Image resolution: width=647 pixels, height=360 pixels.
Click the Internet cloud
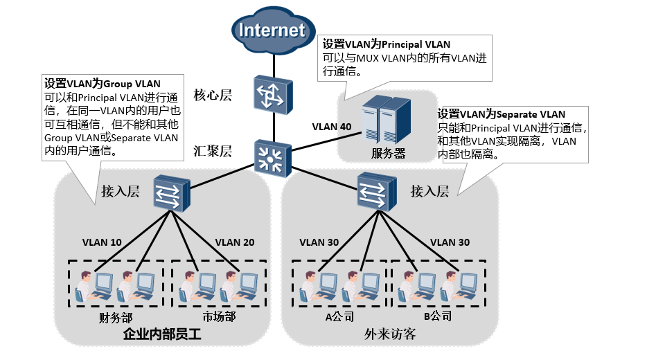272,30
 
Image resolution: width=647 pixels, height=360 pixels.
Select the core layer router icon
272,95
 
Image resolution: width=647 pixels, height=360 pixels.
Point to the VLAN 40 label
332,127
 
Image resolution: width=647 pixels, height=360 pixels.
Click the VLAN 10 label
102,242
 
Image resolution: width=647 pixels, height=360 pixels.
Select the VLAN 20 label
235,242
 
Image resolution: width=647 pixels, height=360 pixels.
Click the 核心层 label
212,96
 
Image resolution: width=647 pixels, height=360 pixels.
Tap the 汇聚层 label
212,151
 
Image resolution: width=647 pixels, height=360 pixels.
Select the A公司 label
339,317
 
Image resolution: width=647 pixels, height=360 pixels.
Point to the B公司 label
438,317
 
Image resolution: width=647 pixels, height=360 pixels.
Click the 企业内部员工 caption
161,334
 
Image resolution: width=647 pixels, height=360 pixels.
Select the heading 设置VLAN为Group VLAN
92,84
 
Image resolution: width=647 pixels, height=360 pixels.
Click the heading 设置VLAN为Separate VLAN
502,114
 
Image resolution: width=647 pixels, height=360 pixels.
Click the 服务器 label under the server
388,152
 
